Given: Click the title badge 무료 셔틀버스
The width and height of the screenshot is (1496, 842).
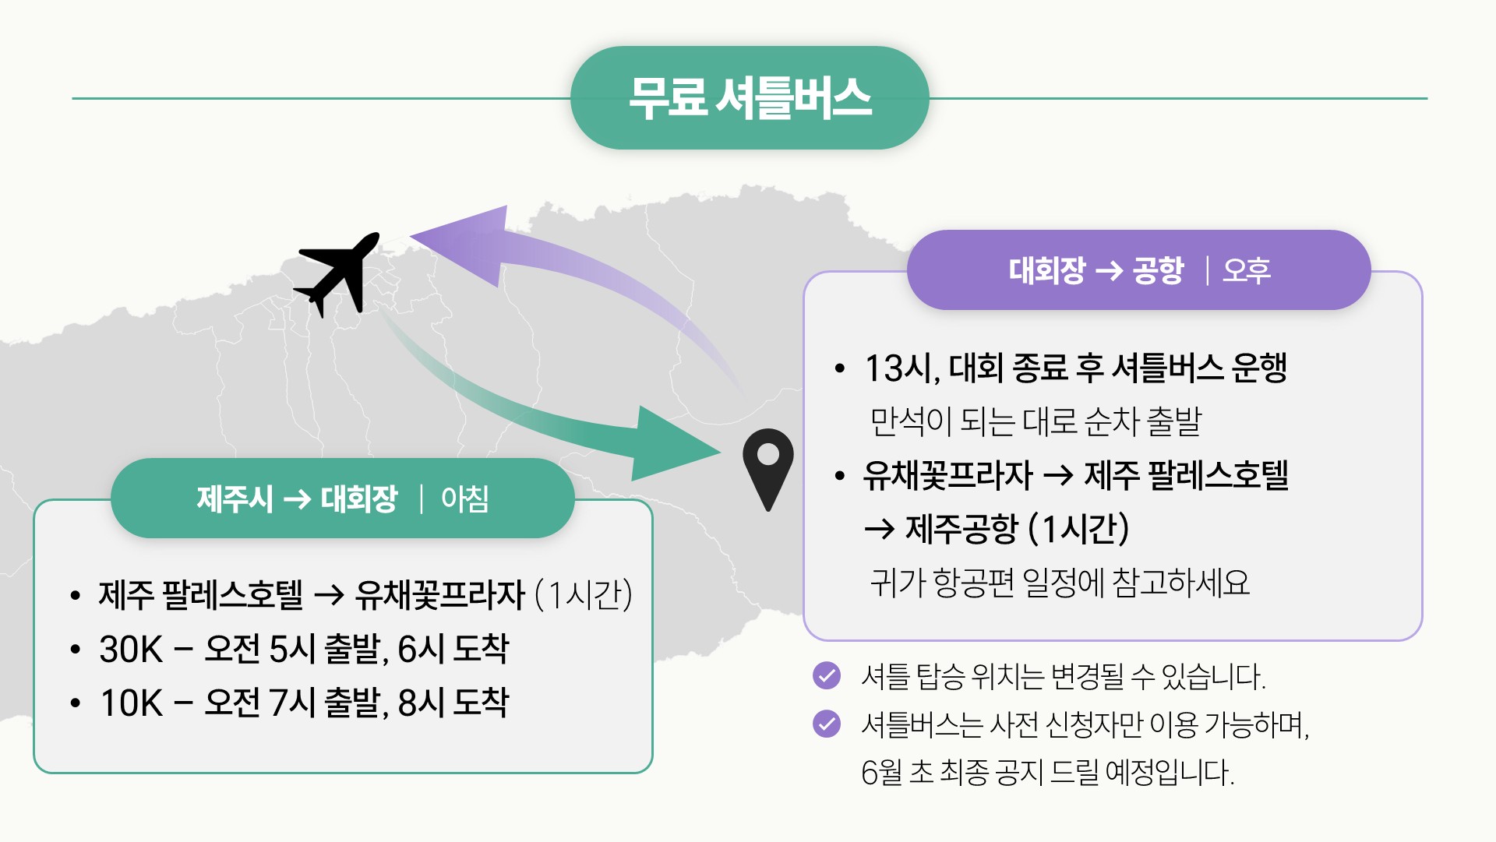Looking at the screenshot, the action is coord(750,98).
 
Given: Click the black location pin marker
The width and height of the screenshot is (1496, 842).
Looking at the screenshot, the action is coord(767,466).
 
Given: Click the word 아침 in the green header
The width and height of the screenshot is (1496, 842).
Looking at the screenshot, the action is coord(464,499).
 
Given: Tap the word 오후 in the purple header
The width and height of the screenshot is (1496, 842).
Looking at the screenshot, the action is coord(1247,271).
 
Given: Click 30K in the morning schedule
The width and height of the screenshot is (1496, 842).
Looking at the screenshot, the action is coord(131,650).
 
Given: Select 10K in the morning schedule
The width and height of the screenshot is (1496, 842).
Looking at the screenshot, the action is coord(131,703).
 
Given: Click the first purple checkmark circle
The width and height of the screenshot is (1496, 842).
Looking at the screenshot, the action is coord(827,675).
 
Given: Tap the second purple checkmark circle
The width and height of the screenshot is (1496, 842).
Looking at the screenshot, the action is coord(827,724).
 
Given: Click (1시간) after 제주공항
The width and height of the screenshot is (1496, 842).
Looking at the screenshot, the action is coord(1078,530).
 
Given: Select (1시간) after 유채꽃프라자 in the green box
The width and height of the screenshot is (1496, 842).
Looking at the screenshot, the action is coord(584,596).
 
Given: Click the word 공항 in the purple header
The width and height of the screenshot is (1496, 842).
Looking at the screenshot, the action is coord(1158,271).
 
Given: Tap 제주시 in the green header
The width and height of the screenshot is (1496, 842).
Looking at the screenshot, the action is coord(235,499).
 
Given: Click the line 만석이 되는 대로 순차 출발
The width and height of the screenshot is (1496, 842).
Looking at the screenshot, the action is coord(1036,422).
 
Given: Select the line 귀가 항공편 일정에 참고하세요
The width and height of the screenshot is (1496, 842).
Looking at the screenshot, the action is coord(1060,583).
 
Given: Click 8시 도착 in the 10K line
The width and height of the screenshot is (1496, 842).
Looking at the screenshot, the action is coord(453,703).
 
